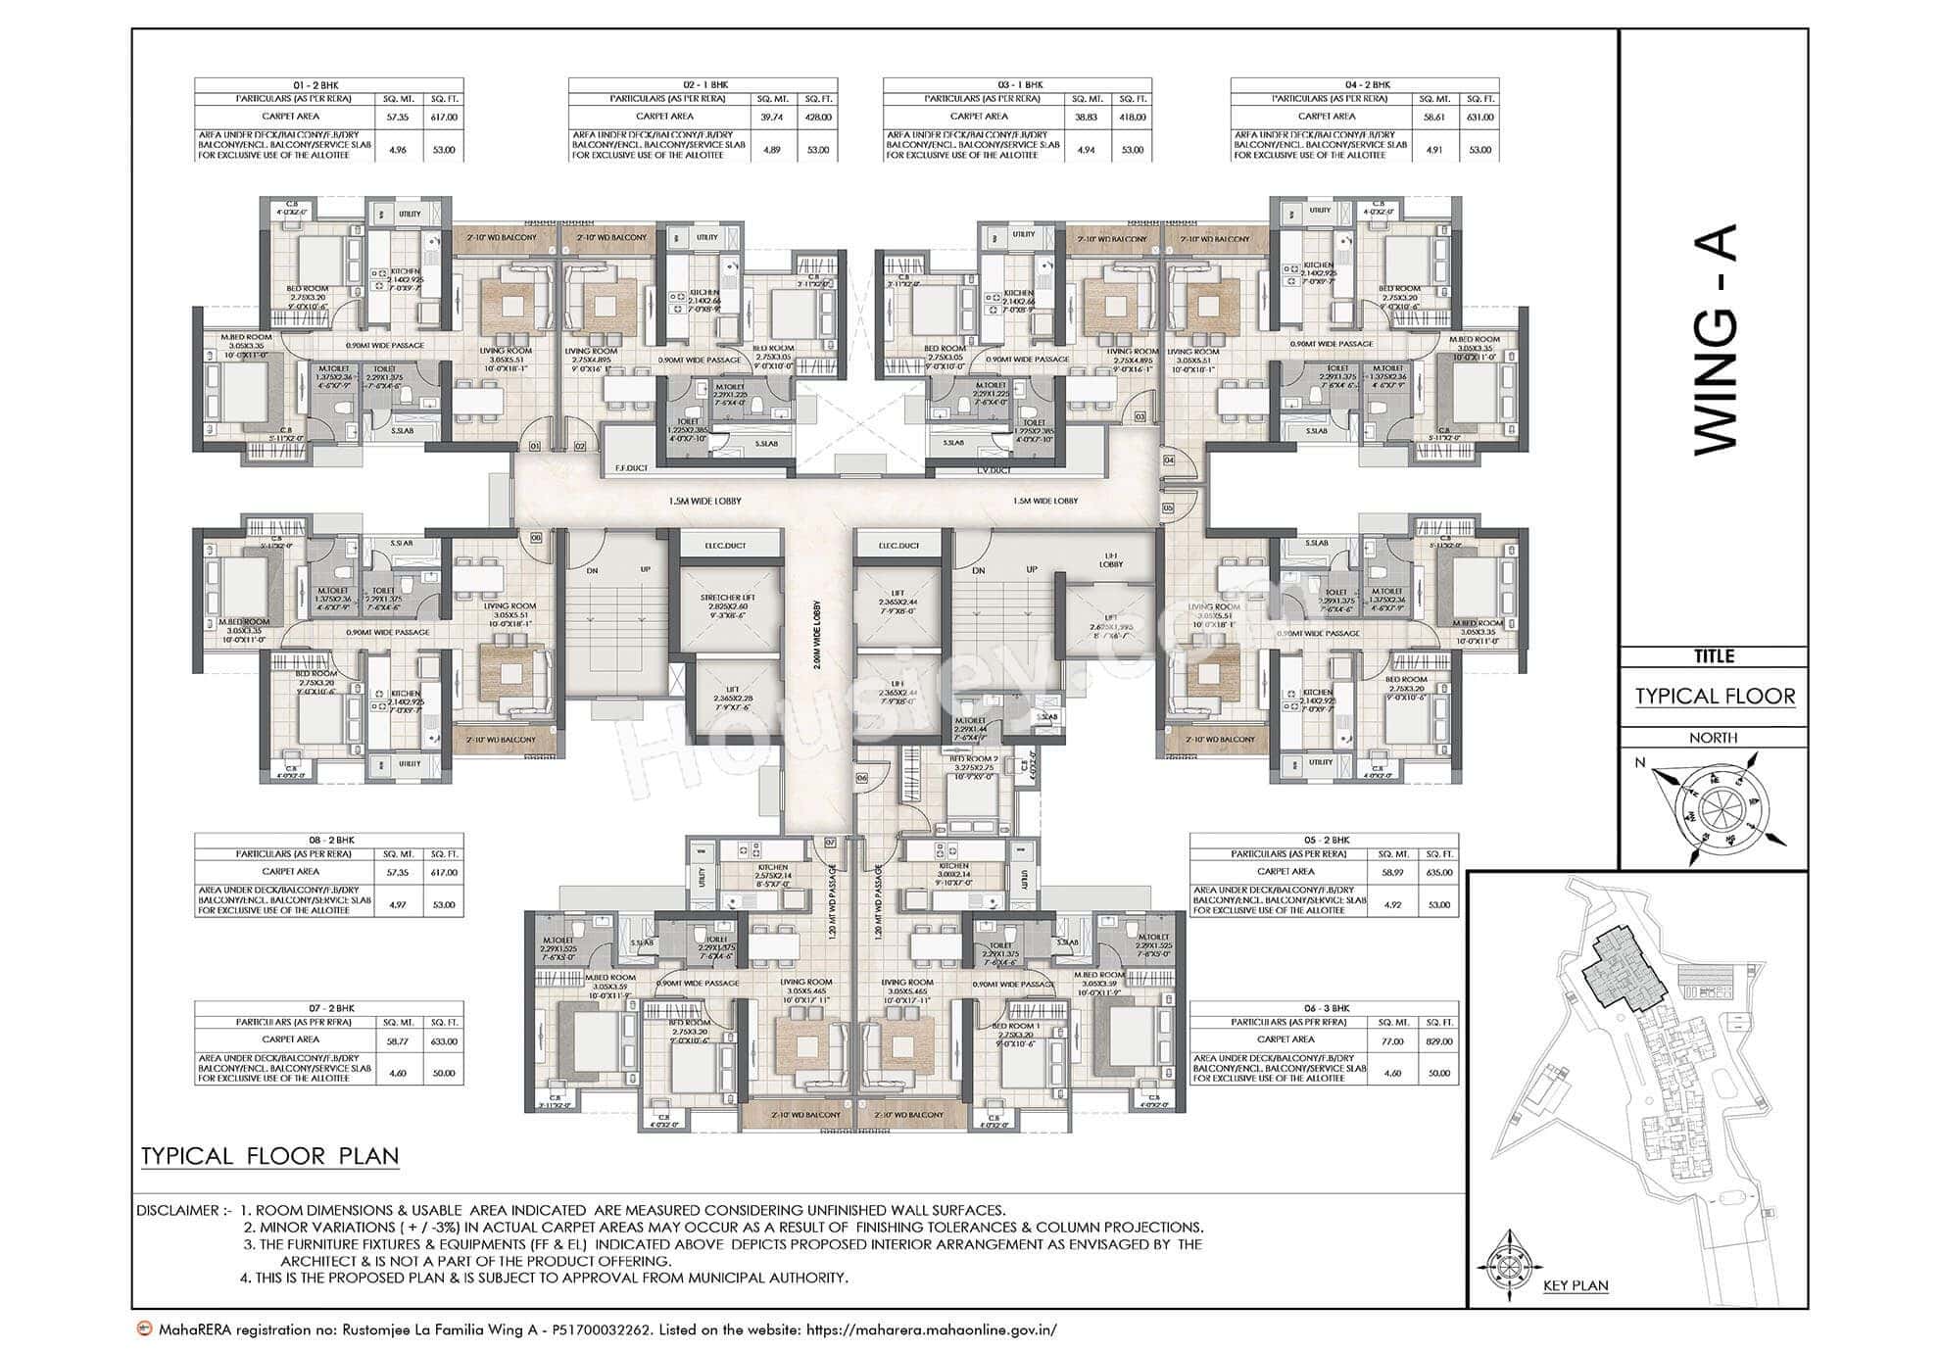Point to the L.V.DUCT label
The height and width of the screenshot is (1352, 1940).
click(x=994, y=470)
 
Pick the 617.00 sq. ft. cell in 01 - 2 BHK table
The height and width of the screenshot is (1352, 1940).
click(x=444, y=118)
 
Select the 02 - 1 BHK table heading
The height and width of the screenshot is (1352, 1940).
click(x=703, y=85)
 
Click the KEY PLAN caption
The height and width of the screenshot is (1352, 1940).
click(x=1575, y=1285)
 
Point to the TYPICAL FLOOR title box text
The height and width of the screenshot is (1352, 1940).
click(x=1715, y=697)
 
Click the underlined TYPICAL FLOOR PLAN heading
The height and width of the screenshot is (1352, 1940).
click(x=269, y=1155)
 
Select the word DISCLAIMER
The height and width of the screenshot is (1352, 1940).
click(x=178, y=1211)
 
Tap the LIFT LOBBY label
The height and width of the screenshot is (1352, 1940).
click(x=1110, y=558)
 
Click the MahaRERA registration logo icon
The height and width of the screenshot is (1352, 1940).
click(x=144, y=1330)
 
